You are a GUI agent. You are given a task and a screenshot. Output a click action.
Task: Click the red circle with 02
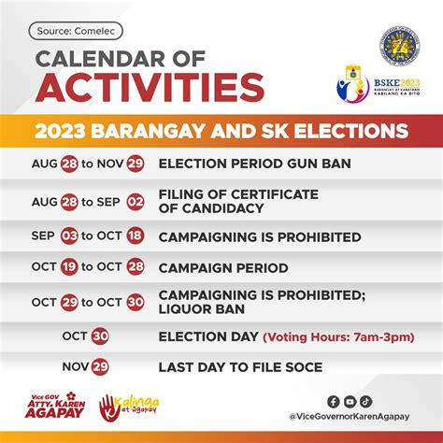[136, 201]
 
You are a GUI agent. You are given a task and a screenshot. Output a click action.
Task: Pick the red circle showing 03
[69, 236]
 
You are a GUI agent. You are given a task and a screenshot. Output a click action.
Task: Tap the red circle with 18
[136, 236]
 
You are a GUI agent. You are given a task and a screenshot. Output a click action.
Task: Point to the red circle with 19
[69, 268]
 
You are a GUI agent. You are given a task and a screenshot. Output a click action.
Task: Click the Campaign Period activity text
[222, 268]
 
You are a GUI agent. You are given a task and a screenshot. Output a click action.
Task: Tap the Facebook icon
[333, 402]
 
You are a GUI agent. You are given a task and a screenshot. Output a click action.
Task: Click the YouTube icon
[350, 402]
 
